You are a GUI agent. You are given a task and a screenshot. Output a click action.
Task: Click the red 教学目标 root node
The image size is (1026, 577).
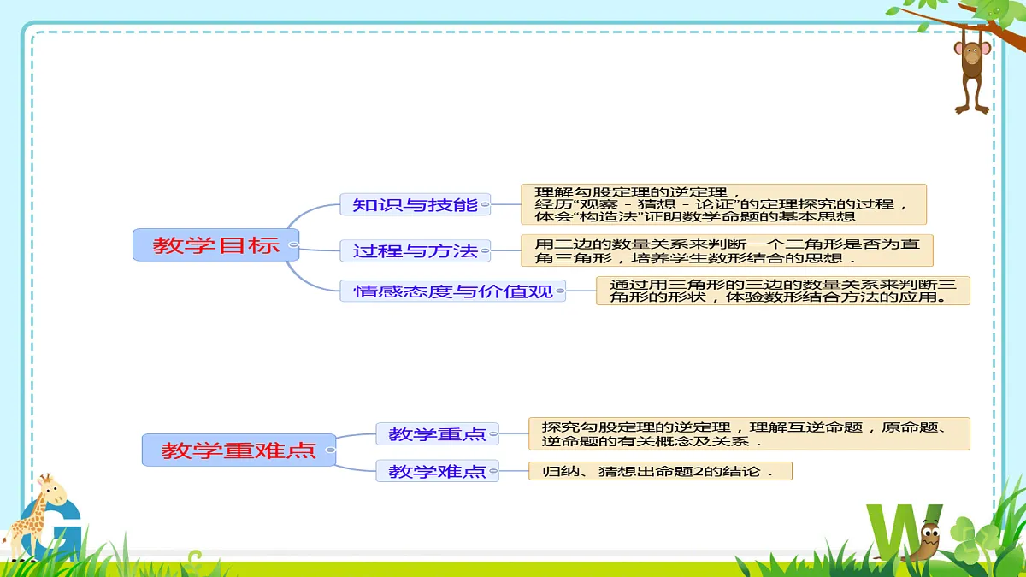(x=215, y=245)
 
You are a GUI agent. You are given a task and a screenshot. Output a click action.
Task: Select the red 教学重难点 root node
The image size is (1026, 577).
(x=239, y=450)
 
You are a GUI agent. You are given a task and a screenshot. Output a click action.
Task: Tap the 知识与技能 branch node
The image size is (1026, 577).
(x=415, y=204)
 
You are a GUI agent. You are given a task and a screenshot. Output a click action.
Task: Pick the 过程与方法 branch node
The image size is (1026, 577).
(x=415, y=250)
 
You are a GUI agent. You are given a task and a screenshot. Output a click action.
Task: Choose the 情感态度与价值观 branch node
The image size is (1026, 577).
(x=452, y=291)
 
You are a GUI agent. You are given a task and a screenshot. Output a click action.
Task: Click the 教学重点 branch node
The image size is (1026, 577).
(x=437, y=433)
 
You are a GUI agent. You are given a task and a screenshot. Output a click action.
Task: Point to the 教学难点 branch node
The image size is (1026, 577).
(x=437, y=471)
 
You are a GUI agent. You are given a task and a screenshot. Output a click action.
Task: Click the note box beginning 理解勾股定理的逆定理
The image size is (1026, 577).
(x=723, y=204)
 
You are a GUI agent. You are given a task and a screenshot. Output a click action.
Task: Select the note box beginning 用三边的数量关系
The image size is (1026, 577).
(x=727, y=250)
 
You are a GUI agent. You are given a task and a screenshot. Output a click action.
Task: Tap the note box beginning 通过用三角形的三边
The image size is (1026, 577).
(x=783, y=291)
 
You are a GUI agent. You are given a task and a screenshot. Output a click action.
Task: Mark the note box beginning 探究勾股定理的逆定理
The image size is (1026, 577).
(x=749, y=433)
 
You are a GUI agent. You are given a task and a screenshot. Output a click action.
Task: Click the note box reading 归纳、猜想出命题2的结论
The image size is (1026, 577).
(x=660, y=471)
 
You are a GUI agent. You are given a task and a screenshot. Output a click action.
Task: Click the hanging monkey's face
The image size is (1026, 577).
(x=972, y=54)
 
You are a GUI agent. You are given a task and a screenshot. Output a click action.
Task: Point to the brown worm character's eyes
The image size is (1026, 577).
(x=930, y=532)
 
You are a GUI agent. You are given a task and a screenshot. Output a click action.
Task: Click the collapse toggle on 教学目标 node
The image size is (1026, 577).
(x=293, y=245)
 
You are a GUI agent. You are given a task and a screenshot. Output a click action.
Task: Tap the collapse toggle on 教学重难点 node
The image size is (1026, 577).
(x=330, y=450)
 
